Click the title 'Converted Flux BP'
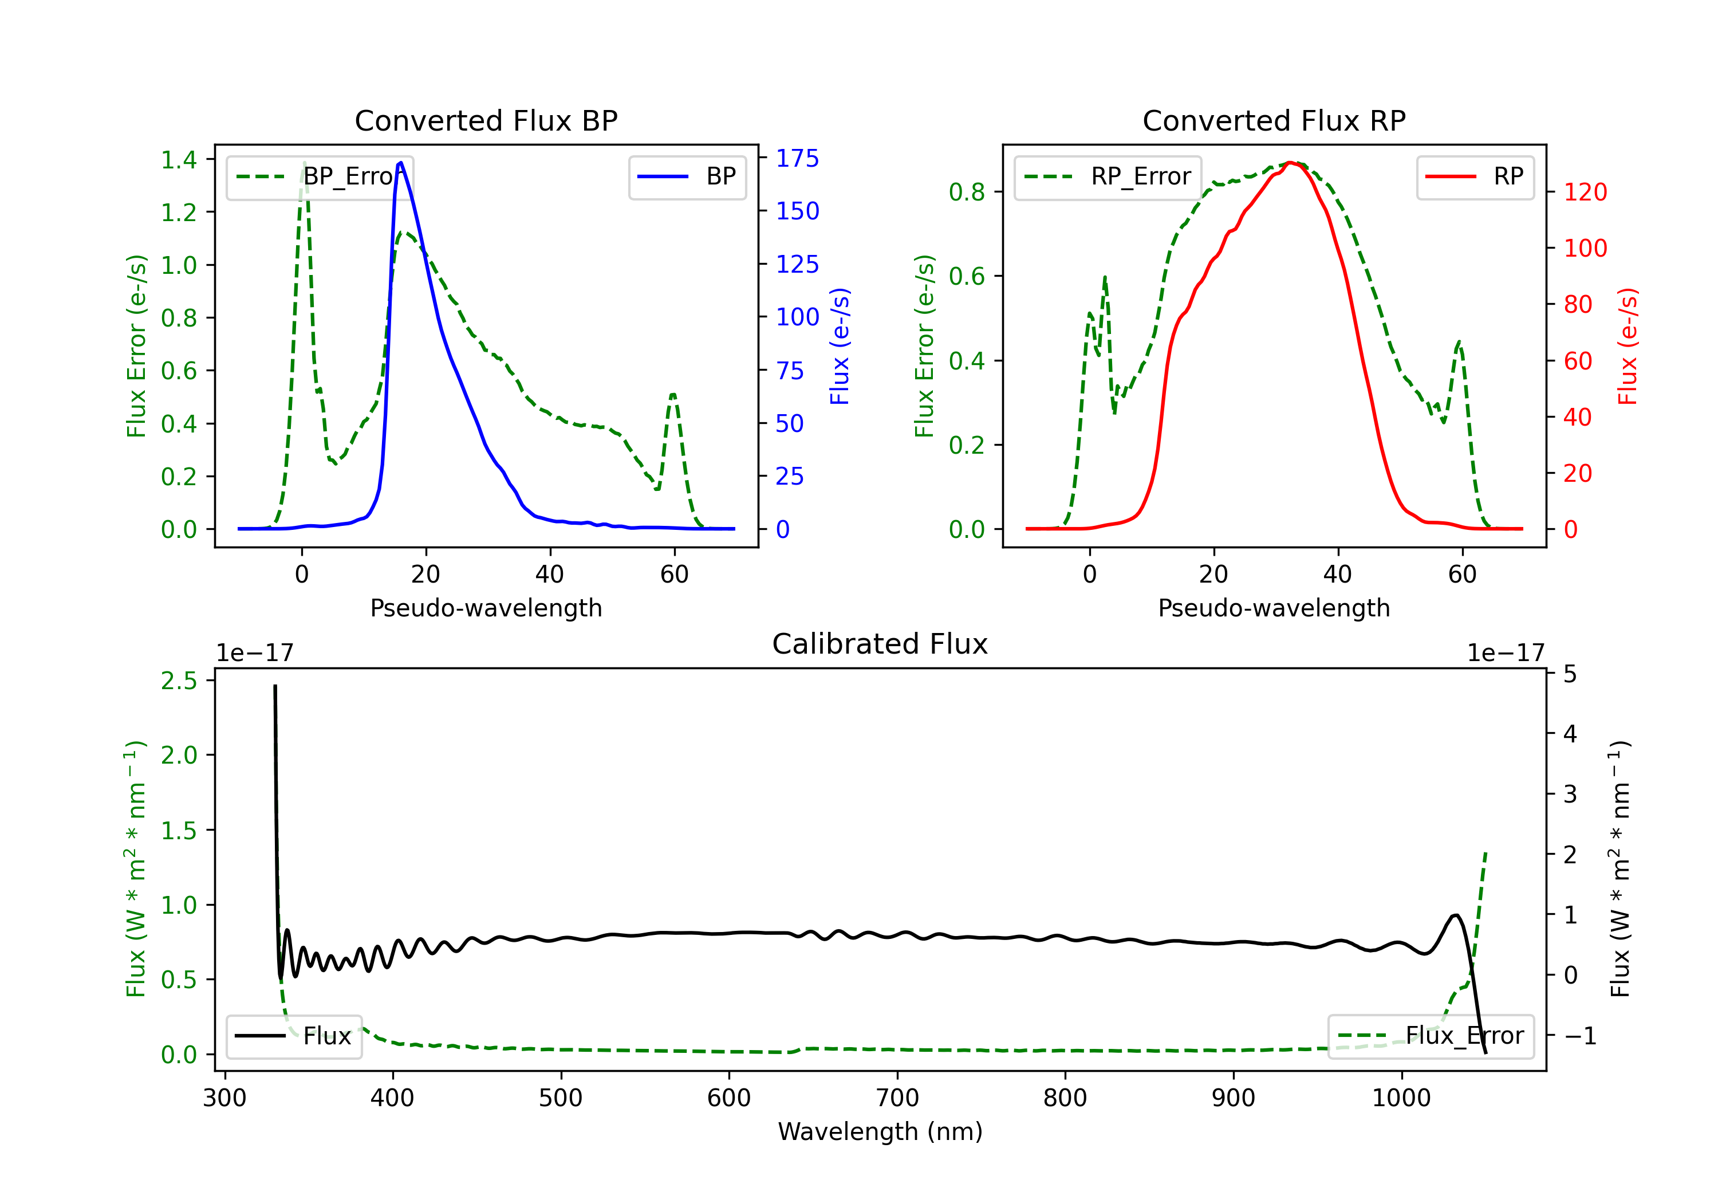486,120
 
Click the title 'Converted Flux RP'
1274,120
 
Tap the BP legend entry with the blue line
687,176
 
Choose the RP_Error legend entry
1108,176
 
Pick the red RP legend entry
1475,176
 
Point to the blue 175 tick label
797,158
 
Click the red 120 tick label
1585,192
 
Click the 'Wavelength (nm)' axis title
880,1131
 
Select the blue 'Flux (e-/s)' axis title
840,346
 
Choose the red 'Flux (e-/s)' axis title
1628,346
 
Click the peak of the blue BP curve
401,163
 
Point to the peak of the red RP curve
1290,163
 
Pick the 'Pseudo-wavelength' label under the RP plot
1274,608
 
